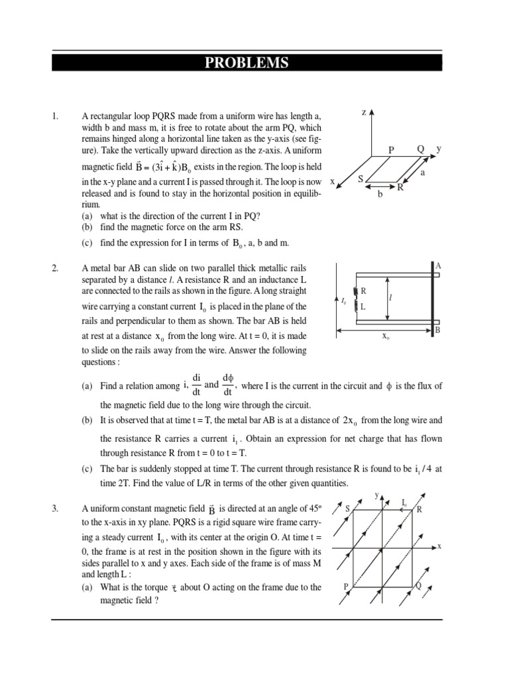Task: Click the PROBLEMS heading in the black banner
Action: coord(247,63)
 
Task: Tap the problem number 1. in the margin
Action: coord(56,117)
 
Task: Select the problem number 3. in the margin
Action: coord(56,508)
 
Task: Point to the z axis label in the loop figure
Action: coord(364,113)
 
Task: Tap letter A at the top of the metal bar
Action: coord(438,266)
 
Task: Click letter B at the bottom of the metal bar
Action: coord(437,329)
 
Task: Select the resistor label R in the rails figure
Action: coord(363,291)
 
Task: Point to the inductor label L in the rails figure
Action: coord(363,307)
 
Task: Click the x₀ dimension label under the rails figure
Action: coord(385,336)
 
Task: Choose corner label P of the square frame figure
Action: coord(345,587)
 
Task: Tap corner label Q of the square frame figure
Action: coord(418,587)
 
